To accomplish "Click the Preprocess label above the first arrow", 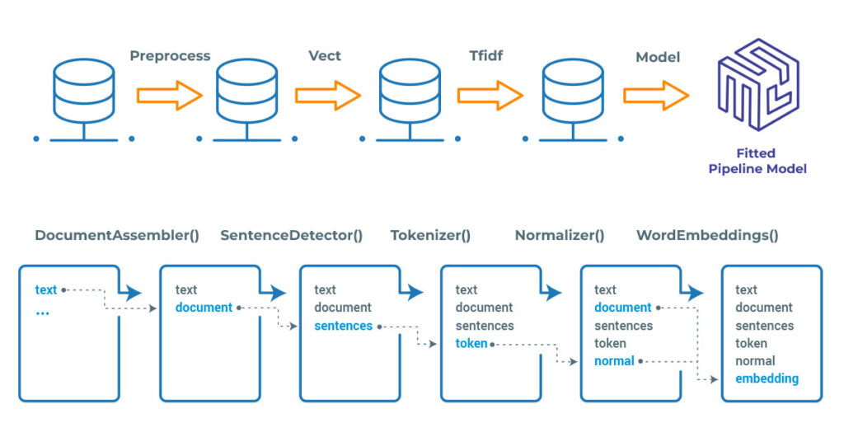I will click(x=170, y=56).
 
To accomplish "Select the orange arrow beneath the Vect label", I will click(x=328, y=96).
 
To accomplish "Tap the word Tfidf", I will click(x=485, y=56).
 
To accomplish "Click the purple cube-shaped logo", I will click(x=757, y=87).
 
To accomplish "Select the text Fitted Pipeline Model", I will click(x=757, y=161).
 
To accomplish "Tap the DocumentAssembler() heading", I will click(x=117, y=235).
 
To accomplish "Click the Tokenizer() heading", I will click(x=430, y=235).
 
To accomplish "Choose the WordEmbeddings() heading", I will click(x=707, y=235).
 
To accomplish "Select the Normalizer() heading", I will click(x=560, y=235).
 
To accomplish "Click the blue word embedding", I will click(x=767, y=379).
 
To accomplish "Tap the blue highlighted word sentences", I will click(x=344, y=326).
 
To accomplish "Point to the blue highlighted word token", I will click(x=471, y=343).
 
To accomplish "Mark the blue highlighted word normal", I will click(x=614, y=361).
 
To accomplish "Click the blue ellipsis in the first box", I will click(x=43, y=313).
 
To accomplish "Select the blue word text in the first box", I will click(x=46, y=289).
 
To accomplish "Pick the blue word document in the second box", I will click(x=204, y=308).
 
